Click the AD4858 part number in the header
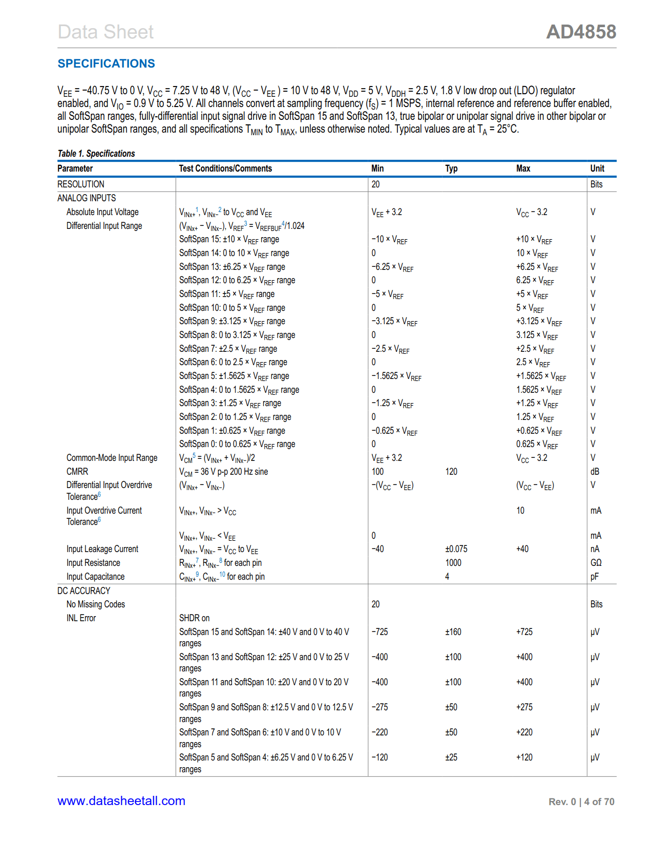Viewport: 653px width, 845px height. coord(581,32)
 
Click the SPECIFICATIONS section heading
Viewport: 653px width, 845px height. coord(106,64)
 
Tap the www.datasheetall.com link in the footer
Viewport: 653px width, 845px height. coord(121,801)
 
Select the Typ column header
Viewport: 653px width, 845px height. coord(451,168)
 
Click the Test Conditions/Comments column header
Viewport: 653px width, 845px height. coord(225,168)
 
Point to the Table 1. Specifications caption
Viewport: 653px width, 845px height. coord(96,154)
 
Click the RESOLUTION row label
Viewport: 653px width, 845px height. coord(81,184)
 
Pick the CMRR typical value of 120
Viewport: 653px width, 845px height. coord(451,472)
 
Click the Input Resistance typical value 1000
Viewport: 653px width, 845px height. coord(453,563)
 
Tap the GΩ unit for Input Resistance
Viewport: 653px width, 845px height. coord(596,563)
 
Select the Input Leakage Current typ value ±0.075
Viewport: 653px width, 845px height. coord(456,549)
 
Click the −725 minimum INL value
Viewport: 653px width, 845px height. coord(380,632)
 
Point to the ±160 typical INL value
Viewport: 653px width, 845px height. coord(453,632)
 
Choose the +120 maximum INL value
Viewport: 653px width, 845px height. coord(524,757)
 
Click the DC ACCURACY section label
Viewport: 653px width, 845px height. coord(84,591)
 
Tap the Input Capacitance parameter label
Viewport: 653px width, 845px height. coord(95,577)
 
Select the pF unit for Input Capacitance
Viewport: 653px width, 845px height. coord(594,577)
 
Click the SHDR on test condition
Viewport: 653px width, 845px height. coord(194,618)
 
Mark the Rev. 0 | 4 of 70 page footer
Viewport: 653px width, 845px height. coord(581,802)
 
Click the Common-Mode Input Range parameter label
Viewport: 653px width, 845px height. coord(112,458)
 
